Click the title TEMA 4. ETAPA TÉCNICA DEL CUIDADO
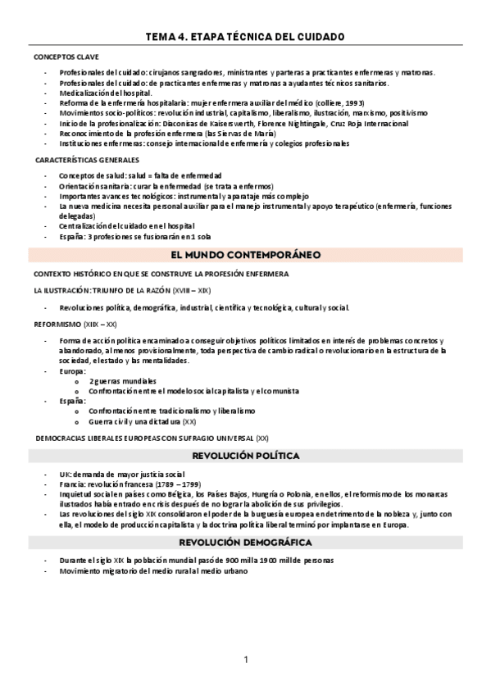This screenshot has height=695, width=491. coord(245,37)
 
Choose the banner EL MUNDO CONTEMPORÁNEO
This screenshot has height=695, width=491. coord(245,255)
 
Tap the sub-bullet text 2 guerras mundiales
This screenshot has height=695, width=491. coord(122,381)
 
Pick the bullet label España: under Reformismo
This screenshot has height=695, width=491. coord(72,401)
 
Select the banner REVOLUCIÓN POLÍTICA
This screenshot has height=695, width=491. coord(245,456)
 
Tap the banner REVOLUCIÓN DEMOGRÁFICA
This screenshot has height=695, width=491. coord(245,543)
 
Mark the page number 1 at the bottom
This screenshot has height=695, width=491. coord(245,660)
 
